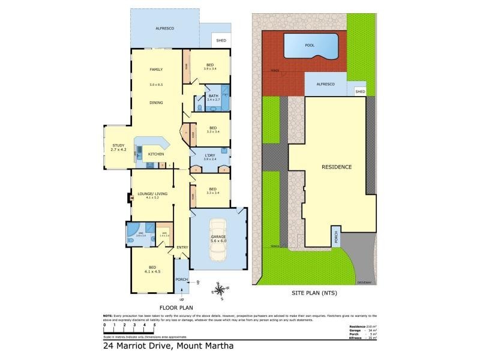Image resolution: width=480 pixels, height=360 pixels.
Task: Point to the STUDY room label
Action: (x=118, y=145)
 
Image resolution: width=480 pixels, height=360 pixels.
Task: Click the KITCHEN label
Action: (x=156, y=154)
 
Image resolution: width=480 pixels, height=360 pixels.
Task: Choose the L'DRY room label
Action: (x=209, y=156)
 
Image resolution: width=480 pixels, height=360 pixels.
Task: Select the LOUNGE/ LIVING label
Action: (x=152, y=194)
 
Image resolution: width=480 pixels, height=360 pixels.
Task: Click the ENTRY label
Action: (x=182, y=247)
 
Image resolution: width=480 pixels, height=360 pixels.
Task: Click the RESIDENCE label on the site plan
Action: (x=336, y=167)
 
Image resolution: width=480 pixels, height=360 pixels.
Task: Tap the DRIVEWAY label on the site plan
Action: (x=365, y=281)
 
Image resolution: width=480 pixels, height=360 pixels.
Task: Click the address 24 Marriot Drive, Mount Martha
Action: (x=167, y=346)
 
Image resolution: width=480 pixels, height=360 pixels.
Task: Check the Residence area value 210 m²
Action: (x=370, y=326)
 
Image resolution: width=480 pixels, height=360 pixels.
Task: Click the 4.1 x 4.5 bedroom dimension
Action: (x=152, y=272)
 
